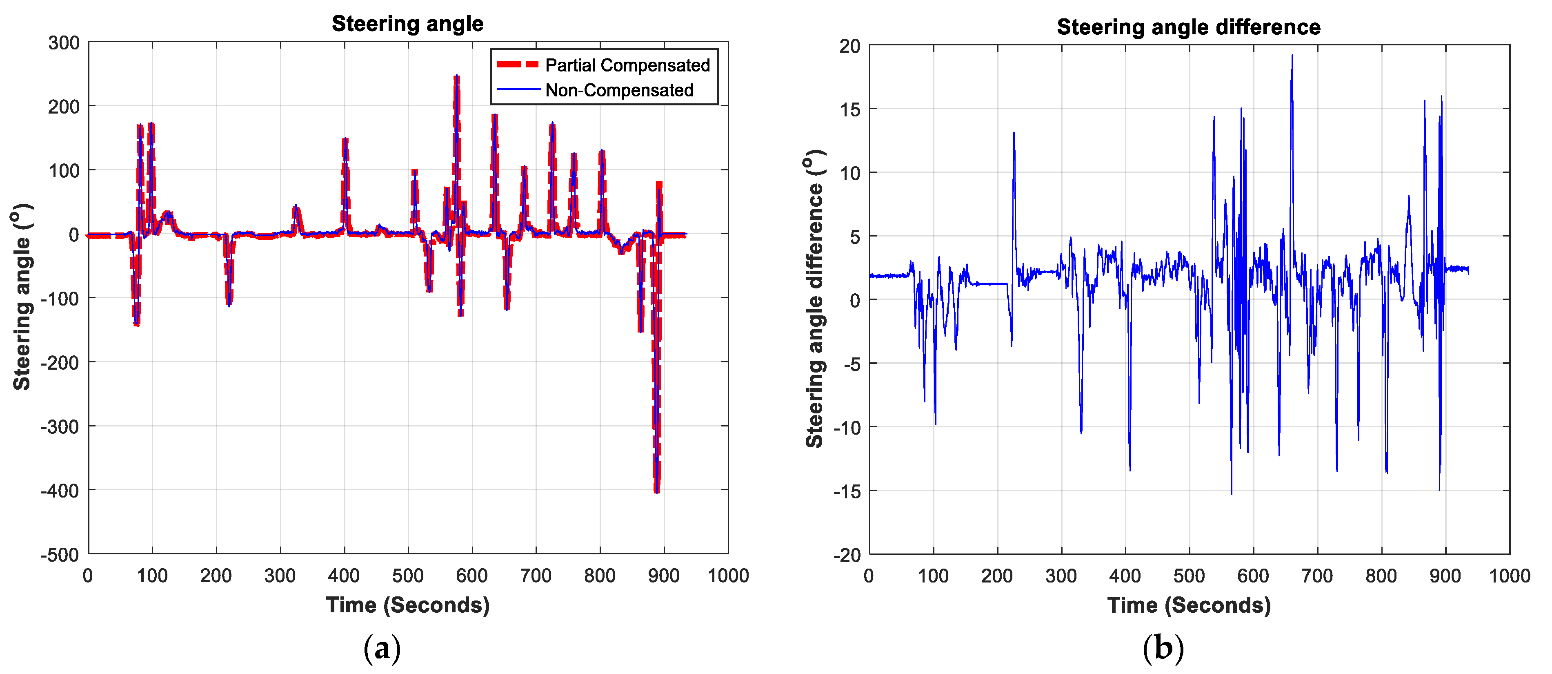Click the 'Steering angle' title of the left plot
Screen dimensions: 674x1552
click(407, 24)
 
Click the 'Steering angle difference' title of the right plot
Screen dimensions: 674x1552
click(1188, 27)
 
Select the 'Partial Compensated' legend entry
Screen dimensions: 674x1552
click(627, 65)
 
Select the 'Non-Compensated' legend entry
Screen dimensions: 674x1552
click(619, 90)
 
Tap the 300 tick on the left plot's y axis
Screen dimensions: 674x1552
click(64, 43)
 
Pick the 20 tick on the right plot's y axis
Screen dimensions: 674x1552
click(850, 46)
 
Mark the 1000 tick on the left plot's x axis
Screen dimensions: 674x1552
click(728, 576)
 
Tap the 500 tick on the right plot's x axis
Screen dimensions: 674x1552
click(1189, 576)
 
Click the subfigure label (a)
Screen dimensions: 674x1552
click(382, 649)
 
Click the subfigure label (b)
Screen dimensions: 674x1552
click(1163, 649)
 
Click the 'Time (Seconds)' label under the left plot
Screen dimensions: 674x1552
click(407, 605)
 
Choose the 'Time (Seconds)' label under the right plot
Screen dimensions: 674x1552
click(1188, 605)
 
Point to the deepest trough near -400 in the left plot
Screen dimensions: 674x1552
click(657, 491)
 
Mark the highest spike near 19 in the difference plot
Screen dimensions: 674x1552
click(1292, 56)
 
